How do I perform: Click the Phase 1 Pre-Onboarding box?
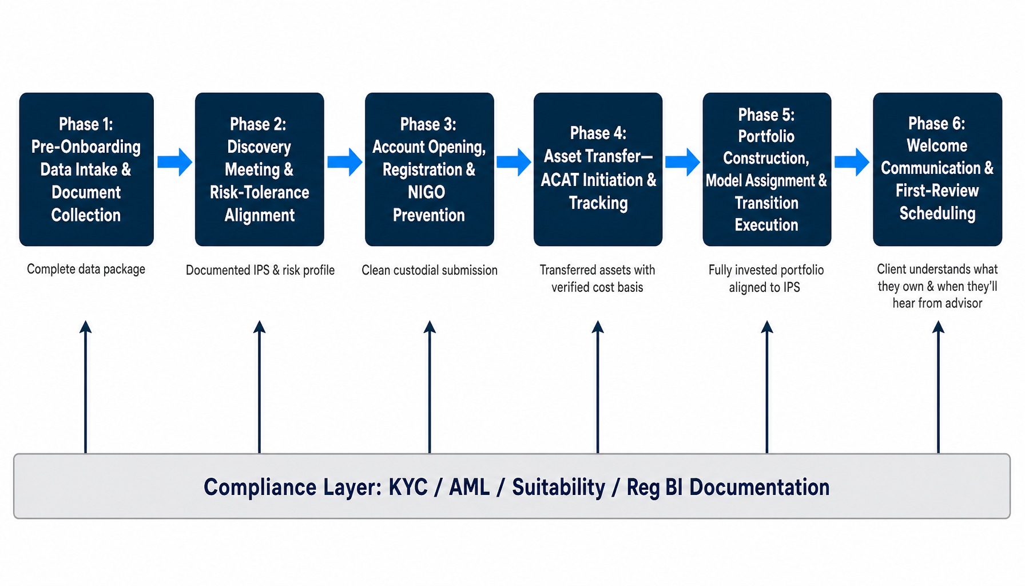86,169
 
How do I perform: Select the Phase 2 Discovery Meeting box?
260,169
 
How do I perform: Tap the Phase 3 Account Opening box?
430,169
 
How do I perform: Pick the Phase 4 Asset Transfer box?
598,169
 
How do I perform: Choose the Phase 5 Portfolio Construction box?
767,169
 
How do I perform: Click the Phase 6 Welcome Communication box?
937,169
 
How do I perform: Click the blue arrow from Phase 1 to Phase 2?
174,162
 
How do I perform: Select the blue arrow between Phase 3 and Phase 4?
514,162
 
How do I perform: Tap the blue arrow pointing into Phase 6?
852,162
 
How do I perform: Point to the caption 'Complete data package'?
86,270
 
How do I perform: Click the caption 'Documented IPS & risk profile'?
260,270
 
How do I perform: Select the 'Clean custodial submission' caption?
430,270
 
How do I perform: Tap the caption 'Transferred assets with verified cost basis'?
597,279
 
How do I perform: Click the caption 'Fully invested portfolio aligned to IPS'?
766,279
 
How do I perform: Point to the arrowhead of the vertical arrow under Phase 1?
86,327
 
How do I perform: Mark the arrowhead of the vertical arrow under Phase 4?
598,327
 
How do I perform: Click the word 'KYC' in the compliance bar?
408,488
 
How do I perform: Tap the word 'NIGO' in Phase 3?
427,192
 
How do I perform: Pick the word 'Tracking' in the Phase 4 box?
598,203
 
